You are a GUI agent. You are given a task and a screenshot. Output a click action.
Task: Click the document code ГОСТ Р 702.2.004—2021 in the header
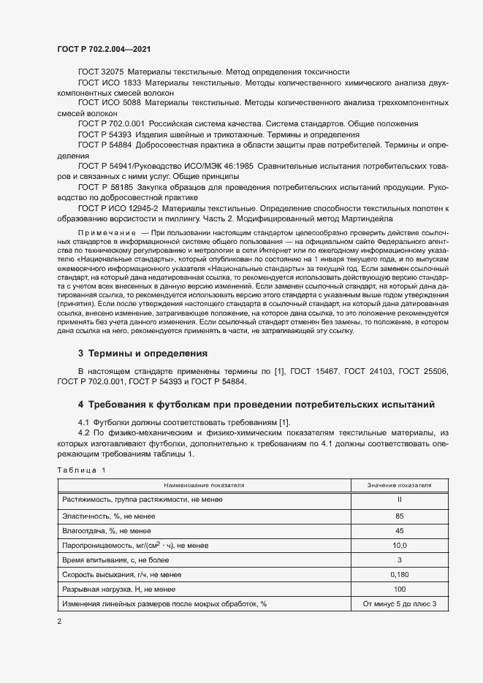104,49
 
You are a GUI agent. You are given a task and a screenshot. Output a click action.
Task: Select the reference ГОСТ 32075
101,72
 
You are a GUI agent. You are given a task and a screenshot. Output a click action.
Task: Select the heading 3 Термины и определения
142,353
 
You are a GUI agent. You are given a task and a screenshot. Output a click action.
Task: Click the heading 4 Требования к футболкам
256,404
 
